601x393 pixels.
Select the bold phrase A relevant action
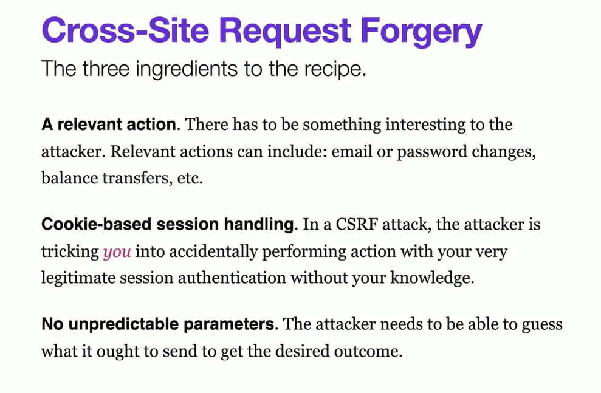click(108, 125)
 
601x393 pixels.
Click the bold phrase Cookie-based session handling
click(167, 225)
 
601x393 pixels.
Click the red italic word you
click(117, 251)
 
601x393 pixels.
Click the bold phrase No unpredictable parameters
click(157, 324)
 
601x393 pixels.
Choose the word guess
click(542, 324)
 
